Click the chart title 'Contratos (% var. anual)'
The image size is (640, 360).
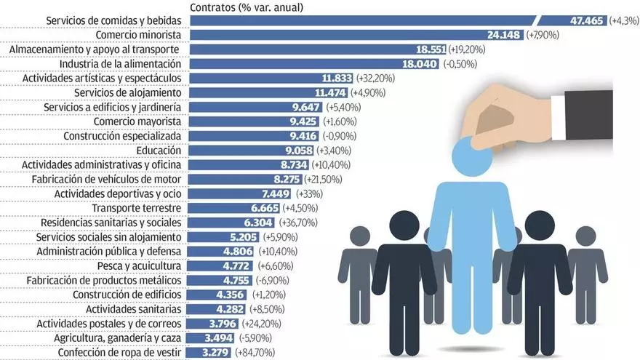click(247, 7)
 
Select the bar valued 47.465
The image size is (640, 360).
click(364, 20)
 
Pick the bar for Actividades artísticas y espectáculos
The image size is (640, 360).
click(255, 78)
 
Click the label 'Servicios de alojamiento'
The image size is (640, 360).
click(133, 92)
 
